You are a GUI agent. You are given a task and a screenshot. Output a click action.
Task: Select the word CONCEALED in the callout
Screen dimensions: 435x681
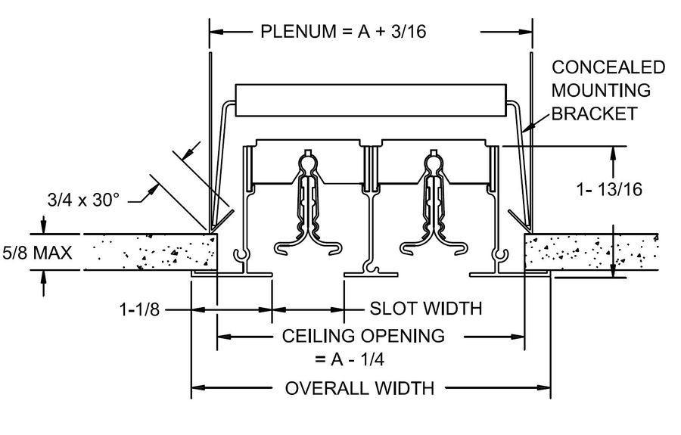608,67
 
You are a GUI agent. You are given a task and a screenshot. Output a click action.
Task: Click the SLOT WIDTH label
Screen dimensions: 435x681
426,309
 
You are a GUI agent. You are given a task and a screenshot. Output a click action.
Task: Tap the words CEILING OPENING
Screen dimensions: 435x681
363,334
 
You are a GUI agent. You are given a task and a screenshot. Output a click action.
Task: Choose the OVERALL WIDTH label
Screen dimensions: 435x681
359,389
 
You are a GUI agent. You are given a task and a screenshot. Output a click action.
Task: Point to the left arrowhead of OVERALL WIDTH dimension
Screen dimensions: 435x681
196,389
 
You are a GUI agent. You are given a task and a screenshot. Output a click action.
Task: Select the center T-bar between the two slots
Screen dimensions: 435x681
370,212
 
